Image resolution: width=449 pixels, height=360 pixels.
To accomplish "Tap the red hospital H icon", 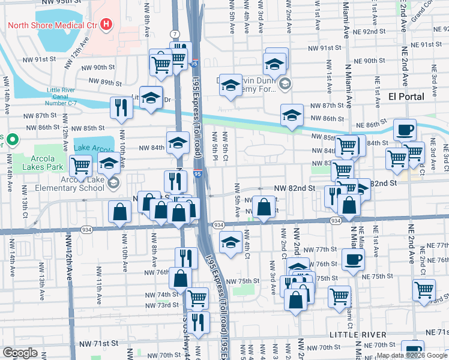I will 106,25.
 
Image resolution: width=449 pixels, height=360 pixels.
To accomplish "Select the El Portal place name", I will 406,96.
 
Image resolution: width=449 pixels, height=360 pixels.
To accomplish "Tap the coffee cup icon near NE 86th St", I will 405,129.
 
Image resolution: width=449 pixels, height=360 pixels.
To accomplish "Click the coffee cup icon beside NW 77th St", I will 352,259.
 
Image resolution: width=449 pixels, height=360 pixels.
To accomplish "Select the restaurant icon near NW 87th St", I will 121,107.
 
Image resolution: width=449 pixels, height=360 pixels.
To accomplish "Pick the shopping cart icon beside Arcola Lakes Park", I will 81,165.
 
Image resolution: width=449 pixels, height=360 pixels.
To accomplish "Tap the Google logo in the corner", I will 20,353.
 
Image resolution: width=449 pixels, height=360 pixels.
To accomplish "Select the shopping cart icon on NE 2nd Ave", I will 424,290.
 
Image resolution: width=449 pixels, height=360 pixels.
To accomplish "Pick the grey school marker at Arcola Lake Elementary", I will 113,182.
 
